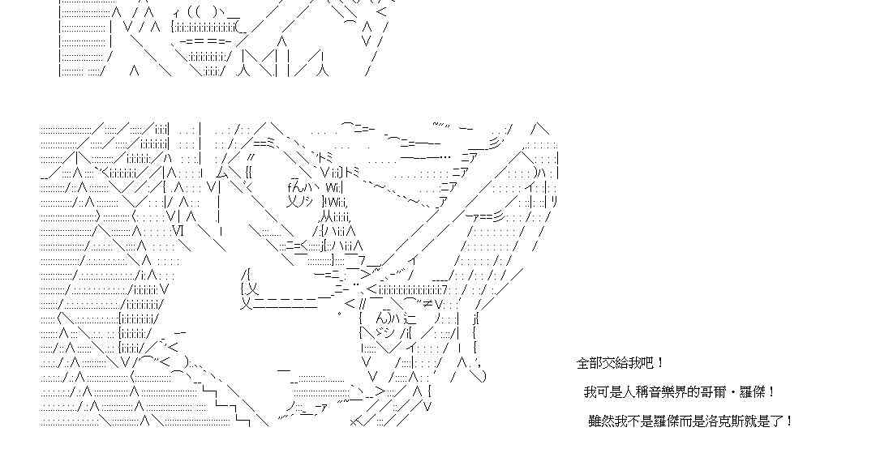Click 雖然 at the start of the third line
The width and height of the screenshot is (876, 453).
pyautogui.click(x=601, y=421)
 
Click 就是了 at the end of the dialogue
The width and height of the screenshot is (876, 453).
pyautogui.click(x=766, y=421)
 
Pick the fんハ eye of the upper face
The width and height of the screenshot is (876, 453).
pyautogui.click(x=299, y=186)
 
